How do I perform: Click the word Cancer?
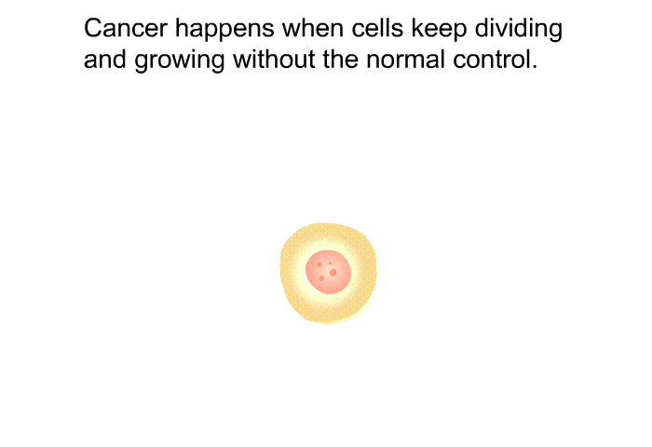point(126,28)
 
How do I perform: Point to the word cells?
point(377,28)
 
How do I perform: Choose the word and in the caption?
point(104,59)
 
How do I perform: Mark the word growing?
point(180,61)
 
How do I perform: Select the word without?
point(274,59)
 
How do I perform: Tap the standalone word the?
point(340,59)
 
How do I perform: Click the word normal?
point(405,59)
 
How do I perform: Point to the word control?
point(490,59)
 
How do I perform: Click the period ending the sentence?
point(535,66)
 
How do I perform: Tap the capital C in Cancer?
point(93,28)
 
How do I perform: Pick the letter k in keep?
point(417,28)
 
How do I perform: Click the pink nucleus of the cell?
point(328,272)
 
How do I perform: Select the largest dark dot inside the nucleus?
point(333,273)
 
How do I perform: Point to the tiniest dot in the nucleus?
point(330,264)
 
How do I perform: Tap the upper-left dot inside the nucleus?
point(319,264)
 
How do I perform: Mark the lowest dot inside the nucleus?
point(321,278)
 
